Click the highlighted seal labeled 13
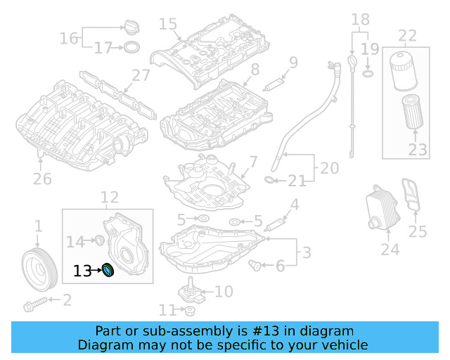pyautogui.click(x=109, y=270)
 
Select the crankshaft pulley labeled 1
pyautogui.click(x=39, y=267)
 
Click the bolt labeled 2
pyautogui.click(x=35, y=305)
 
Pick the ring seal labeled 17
pyautogui.click(x=131, y=48)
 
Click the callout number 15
pyautogui.click(x=167, y=25)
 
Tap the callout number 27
pyautogui.click(x=141, y=76)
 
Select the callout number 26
pyautogui.click(x=42, y=179)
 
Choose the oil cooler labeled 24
pyautogui.click(x=378, y=208)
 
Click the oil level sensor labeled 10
pyautogui.click(x=188, y=292)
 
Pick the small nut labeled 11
pyautogui.click(x=190, y=310)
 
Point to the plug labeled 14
pyautogui.click(x=99, y=242)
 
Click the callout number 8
pyautogui.click(x=255, y=69)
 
